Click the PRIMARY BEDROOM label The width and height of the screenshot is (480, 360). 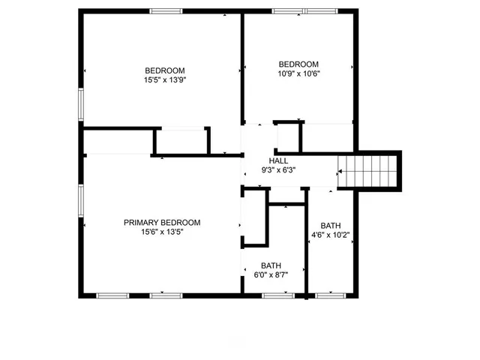162,223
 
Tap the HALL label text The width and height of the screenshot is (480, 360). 278,160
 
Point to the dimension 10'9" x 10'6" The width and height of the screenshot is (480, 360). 298,73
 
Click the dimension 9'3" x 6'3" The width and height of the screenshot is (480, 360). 278,169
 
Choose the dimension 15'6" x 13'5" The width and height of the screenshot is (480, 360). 162,232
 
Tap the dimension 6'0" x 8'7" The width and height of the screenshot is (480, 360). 271,275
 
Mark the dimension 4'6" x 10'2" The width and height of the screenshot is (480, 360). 330,235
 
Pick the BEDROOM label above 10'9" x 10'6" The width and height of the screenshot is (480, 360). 298,64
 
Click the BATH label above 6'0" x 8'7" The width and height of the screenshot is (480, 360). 271,266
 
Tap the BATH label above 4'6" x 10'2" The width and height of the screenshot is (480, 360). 330,226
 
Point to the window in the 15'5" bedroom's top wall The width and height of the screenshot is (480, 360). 166,11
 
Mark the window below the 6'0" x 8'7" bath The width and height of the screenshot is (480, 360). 277,295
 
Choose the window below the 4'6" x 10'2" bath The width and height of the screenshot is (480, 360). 328,295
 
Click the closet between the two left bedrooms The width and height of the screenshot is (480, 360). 181,141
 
